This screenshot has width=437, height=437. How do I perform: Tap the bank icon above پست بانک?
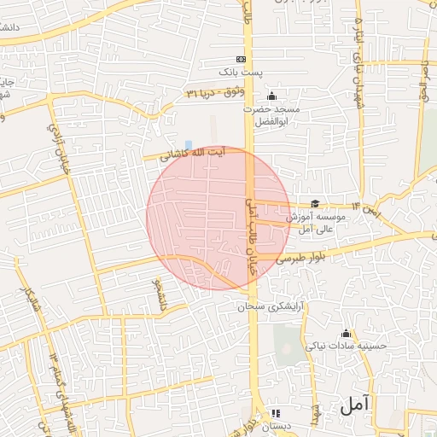pyautogui.click(x=242, y=59)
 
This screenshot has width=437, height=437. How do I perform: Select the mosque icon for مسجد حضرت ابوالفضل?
pyautogui.click(x=272, y=96)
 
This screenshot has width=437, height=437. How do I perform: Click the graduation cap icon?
pyautogui.click(x=315, y=203)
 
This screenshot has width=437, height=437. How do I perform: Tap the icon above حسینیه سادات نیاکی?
pyautogui.click(x=346, y=333)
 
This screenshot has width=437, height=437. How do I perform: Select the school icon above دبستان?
pyautogui.click(x=275, y=411)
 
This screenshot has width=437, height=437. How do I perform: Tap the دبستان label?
pyautogui.click(x=276, y=424)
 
